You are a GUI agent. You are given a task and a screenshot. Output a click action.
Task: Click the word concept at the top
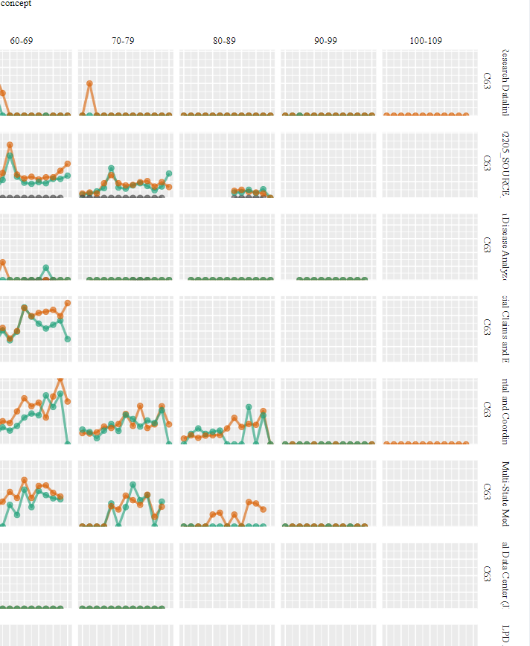point(16,4)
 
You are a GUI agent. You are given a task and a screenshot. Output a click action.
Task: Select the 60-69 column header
point(22,41)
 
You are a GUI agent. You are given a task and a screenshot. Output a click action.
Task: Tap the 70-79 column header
point(123,41)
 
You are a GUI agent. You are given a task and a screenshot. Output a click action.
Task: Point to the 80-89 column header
point(224,41)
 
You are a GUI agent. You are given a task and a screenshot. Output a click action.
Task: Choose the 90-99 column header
point(325,41)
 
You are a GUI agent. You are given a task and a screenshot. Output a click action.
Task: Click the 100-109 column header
point(426,41)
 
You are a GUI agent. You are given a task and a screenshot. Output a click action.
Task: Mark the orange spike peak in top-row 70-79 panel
point(89,83)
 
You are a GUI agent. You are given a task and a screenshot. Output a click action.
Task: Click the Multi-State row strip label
point(505,493)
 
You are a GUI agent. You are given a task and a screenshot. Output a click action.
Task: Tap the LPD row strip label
point(505,634)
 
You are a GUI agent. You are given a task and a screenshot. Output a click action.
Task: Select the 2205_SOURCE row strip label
point(505,165)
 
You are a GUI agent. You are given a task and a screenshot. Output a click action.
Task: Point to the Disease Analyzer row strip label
point(505,247)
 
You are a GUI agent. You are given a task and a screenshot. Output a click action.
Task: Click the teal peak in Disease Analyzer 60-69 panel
point(45,268)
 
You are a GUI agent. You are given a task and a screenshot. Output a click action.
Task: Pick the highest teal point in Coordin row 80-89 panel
point(249,407)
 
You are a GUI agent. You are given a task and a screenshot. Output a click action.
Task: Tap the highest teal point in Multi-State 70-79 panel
point(132,485)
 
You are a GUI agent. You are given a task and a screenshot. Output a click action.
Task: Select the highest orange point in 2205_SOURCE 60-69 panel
point(10,145)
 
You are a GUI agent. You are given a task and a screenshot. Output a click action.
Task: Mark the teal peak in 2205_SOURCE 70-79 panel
point(111,169)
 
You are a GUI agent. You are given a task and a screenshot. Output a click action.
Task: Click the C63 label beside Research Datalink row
point(487,83)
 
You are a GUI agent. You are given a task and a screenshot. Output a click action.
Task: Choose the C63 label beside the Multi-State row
point(487,492)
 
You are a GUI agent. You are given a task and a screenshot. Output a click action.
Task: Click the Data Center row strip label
point(505,575)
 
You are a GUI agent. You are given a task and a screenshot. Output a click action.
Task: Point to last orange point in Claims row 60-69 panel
point(68,303)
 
